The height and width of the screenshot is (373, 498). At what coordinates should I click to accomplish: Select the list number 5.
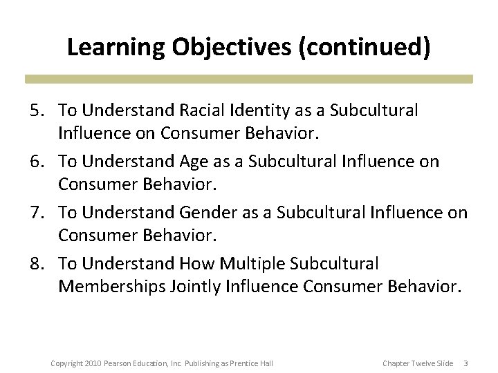[x=39, y=111]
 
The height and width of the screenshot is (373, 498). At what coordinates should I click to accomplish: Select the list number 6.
[x=39, y=162]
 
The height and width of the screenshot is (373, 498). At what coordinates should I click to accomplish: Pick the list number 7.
[x=39, y=213]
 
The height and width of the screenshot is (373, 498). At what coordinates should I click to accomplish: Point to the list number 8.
[x=39, y=264]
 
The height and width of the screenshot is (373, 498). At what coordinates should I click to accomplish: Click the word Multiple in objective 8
[x=252, y=264]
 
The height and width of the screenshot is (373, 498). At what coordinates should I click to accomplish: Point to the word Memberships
[x=111, y=286]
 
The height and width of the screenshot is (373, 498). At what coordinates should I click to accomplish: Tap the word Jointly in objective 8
[x=194, y=286]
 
